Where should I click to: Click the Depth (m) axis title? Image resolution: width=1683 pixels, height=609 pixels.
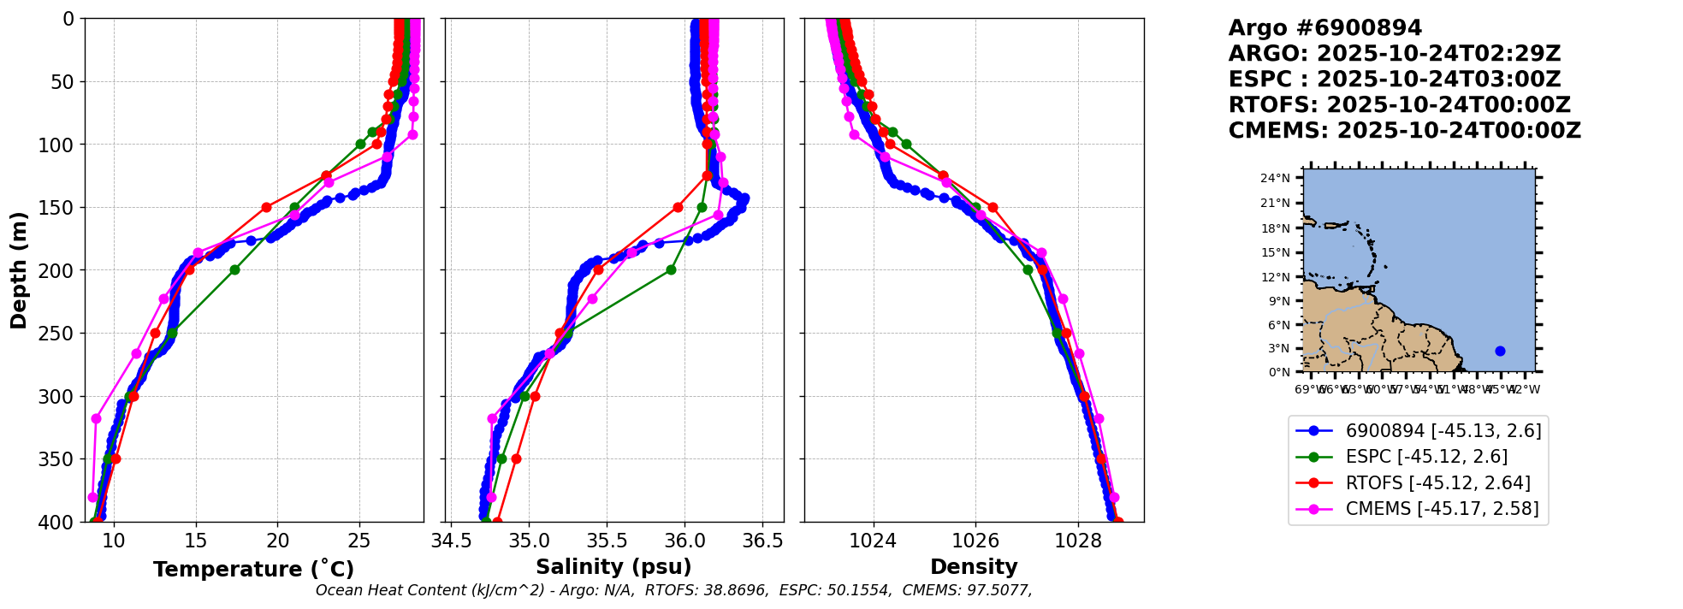(19, 270)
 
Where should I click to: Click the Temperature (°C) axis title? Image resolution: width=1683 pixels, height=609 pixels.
(253, 570)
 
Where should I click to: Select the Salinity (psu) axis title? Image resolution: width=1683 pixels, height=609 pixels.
(613, 567)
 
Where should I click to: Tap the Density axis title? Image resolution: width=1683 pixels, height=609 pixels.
(974, 567)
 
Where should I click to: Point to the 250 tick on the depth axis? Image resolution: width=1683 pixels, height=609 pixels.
(61, 334)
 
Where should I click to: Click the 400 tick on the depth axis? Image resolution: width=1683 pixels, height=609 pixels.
(61, 523)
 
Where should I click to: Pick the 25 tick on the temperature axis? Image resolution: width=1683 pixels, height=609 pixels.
(359, 541)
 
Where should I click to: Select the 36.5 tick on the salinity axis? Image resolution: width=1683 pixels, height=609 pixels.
(762, 541)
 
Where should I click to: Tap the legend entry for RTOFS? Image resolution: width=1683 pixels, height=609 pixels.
(1437, 483)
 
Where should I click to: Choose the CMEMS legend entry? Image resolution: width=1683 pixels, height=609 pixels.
(1442, 509)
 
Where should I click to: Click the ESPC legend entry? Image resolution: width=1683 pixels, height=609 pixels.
(1426, 457)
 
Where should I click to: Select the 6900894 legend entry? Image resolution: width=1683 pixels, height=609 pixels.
(1443, 431)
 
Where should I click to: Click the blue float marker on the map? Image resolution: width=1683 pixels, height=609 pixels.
(1500, 352)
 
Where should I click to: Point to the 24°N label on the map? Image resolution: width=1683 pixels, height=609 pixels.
(1276, 179)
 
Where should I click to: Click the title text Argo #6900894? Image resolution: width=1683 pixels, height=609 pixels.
(1324, 28)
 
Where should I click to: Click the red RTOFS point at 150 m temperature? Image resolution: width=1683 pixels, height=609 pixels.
(266, 207)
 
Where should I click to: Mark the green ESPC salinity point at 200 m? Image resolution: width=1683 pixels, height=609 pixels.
(671, 270)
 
